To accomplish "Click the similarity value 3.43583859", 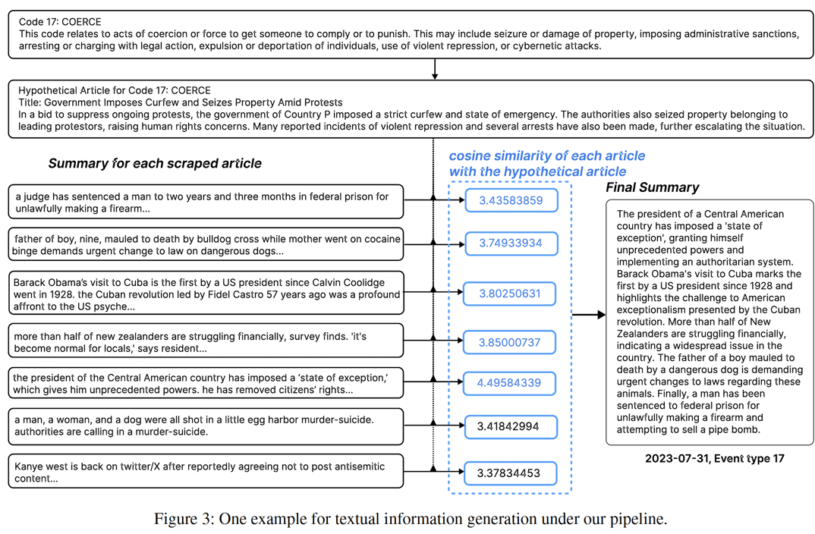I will click(511, 201).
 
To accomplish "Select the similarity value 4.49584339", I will click(509, 382).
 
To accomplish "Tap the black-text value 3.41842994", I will click(509, 427).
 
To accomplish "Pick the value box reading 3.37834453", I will click(509, 473).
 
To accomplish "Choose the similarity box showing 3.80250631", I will click(509, 294).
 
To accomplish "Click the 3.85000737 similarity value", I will click(509, 342).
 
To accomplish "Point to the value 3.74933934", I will click(511, 243).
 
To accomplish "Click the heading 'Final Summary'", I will click(652, 187).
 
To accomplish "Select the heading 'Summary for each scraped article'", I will click(155, 163).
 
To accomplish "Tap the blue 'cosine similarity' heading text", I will click(546, 163).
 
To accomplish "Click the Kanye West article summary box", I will click(205, 472).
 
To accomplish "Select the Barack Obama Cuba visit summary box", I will click(205, 294).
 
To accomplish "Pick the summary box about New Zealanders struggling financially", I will click(205, 341).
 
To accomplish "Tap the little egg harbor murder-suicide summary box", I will click(205, 426).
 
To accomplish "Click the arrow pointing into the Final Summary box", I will click(590, 315).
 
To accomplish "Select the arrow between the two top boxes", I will click(434, 69).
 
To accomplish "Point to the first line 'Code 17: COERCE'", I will click(60, 21).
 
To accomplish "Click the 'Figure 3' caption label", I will click(184, 520).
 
